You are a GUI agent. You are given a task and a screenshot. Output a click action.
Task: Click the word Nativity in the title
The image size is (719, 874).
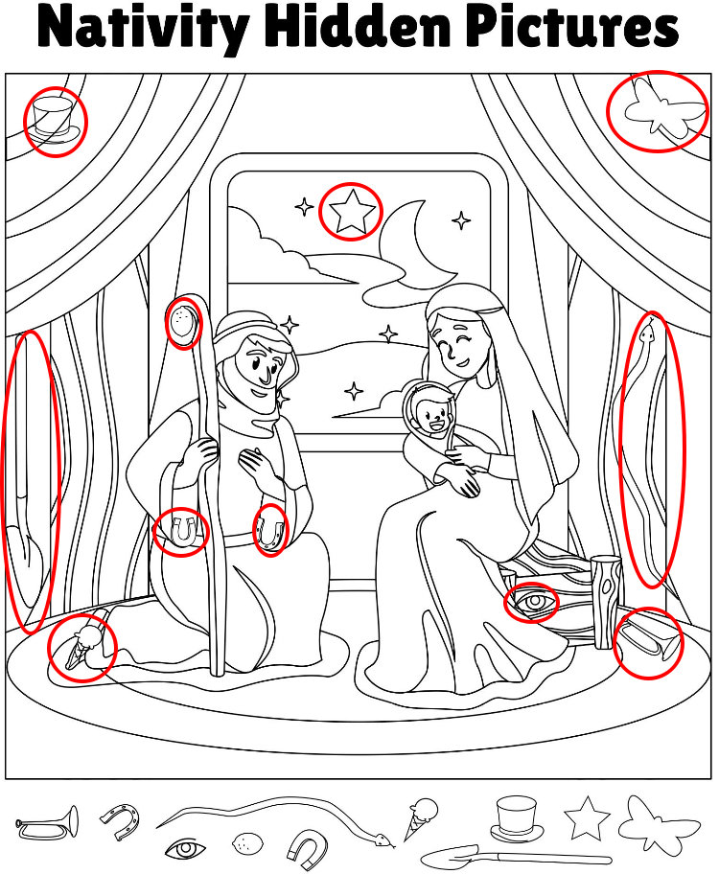click(144, 27)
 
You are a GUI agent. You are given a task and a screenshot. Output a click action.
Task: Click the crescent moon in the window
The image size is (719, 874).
click(415, 245)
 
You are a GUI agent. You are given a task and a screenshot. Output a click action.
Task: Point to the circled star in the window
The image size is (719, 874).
click(352, 211)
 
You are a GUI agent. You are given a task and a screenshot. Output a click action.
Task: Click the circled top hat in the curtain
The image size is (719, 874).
click(55, 118)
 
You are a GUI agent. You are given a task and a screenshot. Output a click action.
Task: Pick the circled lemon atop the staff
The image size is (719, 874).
click(182, 322)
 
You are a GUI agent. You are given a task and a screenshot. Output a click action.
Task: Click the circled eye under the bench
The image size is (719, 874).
click(532, 602)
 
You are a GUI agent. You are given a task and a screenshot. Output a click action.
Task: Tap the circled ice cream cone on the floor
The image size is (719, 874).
click(83, 647)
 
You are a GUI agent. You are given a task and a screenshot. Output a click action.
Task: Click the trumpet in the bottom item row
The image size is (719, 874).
click(48, 822)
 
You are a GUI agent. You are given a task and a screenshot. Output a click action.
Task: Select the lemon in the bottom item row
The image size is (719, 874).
click(247, 842)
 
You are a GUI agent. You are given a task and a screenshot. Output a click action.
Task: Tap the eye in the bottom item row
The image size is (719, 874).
click(186, 849)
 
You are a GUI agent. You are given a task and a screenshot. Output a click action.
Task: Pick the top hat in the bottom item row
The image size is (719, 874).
click(517, 818)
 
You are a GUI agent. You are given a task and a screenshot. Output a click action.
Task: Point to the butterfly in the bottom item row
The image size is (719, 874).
click(659, 825)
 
